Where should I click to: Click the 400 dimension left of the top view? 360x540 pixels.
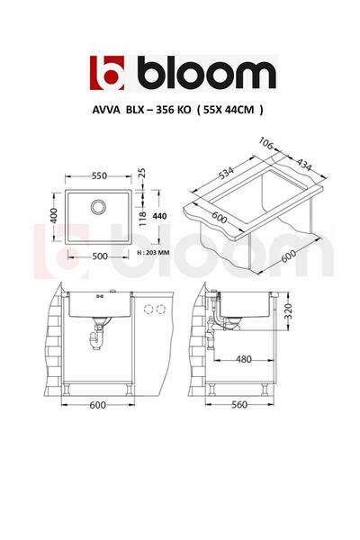[x=53, y=218]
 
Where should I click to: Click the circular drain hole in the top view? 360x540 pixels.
[x=96, y=209]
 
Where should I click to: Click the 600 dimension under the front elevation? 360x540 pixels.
[x=97, y=405]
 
